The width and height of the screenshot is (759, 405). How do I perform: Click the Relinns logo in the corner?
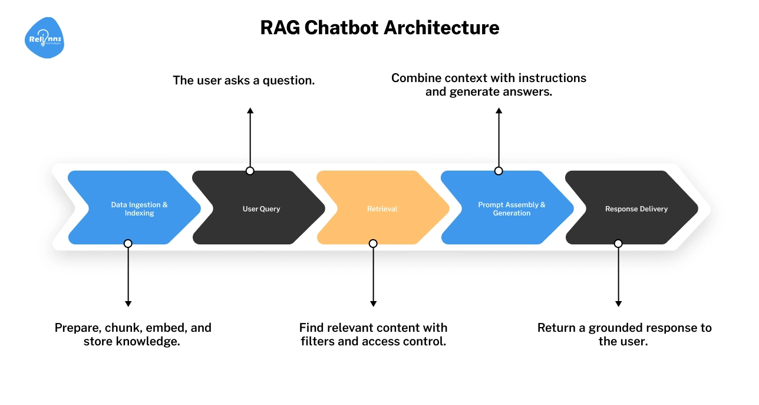45,38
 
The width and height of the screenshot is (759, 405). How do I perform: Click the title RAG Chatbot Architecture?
379,28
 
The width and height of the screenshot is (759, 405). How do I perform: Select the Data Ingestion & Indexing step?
139,208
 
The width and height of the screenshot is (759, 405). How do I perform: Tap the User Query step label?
261,208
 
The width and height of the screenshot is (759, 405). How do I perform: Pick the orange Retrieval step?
382,208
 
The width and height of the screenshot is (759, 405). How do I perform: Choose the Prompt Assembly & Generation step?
511,208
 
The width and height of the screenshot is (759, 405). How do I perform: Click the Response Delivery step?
636,208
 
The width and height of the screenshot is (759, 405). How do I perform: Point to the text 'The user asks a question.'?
243,80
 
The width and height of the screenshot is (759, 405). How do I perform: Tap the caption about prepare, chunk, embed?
133,334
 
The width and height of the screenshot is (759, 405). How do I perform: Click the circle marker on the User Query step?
250,171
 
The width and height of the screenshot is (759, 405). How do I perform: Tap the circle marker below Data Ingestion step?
128,243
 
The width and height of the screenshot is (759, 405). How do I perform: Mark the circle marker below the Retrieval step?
373,243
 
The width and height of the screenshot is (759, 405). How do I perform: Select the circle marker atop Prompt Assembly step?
499,171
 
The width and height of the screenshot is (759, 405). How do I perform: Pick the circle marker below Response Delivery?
618,243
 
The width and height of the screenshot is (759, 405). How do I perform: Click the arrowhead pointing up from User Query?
250,111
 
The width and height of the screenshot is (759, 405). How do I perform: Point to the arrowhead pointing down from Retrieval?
373,303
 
